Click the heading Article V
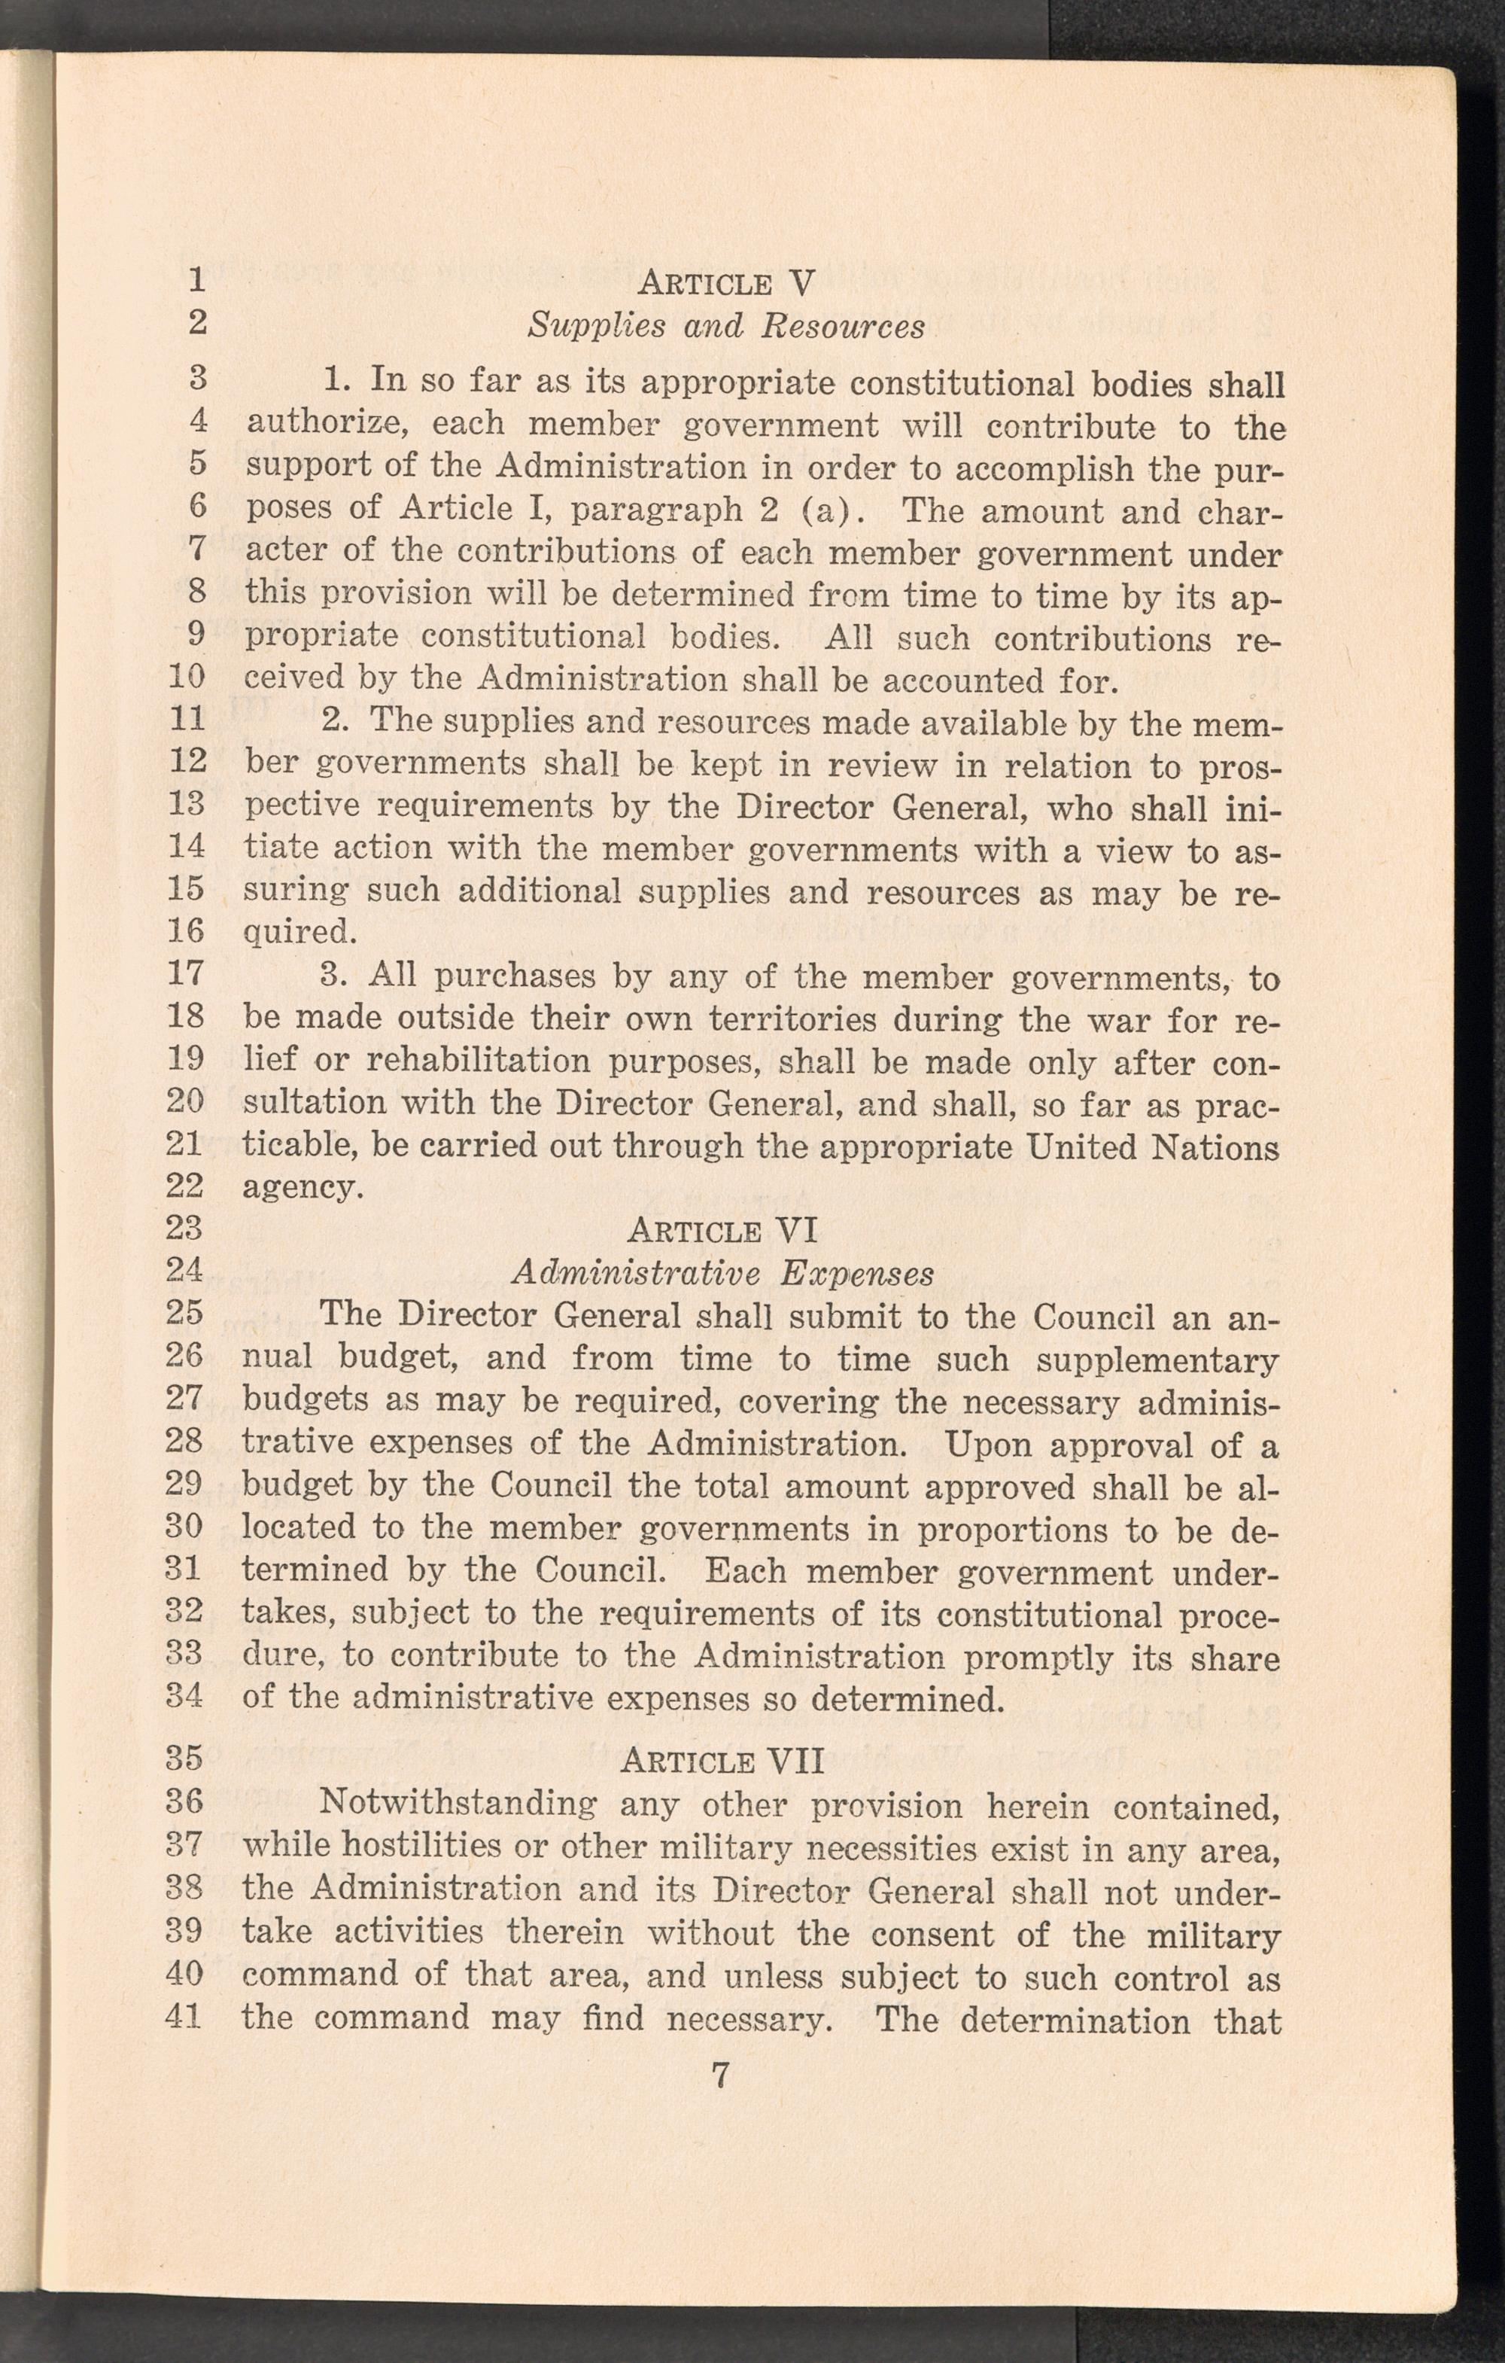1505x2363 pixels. tap(726, 284)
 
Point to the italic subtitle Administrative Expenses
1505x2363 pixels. tap(722, 1274)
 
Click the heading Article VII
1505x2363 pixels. tap(722, 1759)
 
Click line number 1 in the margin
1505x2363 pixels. tap(197, 281)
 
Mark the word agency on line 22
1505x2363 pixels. tap(303, 1189)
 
